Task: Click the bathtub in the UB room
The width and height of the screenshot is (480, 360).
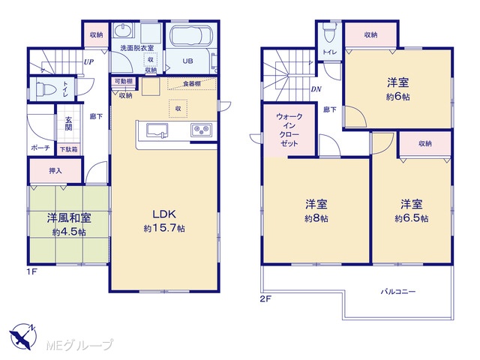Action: (x=190, y=36)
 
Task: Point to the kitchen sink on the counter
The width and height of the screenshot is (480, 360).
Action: (x=157, y=130)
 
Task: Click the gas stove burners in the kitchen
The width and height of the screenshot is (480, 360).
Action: (x=202, y=130)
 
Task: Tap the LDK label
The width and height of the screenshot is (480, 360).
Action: (x=164, y=214)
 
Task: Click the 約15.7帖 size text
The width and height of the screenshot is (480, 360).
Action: (x=164, y=228)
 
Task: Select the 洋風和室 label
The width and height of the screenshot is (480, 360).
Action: (x=69, y=218)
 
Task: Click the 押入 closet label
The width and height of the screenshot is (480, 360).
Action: (x=55, y=170)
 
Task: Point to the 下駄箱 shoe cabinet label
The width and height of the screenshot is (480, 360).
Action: (x=68, y=149)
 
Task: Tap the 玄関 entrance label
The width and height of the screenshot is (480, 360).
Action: (x=68, y=123)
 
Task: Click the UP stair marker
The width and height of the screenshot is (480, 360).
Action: (x=88, y=62)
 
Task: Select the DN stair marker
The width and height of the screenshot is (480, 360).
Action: (x=316, y=89)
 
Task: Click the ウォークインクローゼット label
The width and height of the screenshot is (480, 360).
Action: (x=289, y=130)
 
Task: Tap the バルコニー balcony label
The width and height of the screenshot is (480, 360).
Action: (x=398, y=292)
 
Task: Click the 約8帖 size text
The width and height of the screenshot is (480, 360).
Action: (x=316, y=218)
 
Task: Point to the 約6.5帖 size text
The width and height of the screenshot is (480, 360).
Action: (x=412, y=218)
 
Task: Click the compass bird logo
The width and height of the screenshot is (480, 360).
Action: (x=22, y=337)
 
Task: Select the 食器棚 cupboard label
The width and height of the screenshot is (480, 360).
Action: (x=192, y=83)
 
